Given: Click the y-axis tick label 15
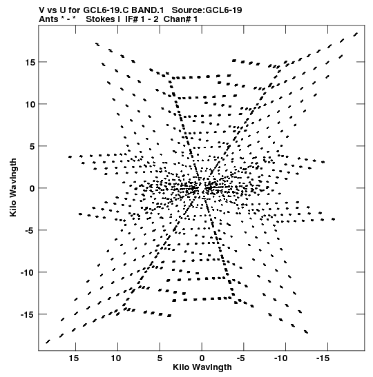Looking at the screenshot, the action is [30, 62].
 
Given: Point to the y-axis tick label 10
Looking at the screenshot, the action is [30, 104].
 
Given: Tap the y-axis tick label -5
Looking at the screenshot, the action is [30, 230].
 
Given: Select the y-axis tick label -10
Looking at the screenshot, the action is [28, 272].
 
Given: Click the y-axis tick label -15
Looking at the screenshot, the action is [28, 314].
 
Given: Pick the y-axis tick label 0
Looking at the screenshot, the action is [32, 189].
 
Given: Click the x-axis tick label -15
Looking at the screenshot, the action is [323, 358].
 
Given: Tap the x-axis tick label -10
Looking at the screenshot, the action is [280, 358].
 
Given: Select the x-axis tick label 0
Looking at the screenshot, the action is [202, 358].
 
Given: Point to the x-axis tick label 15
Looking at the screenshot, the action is [74, 358].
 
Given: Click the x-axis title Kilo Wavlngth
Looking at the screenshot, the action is [202, 367].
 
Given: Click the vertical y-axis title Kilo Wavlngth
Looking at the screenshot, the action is [13, 187].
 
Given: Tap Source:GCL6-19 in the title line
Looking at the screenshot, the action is [207, 10].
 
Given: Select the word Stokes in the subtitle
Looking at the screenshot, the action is [100, 19].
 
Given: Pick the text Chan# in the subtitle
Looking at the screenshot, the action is [178, 19].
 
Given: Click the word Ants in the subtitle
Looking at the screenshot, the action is [48, 19].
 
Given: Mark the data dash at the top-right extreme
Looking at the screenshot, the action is [356, 34].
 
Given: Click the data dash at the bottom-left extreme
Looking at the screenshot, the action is [48, 342].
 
